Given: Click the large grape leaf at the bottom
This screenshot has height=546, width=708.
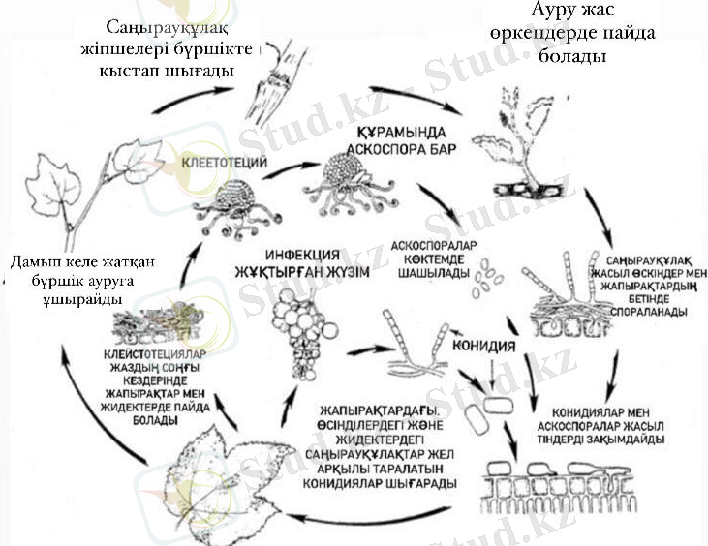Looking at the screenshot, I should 203,479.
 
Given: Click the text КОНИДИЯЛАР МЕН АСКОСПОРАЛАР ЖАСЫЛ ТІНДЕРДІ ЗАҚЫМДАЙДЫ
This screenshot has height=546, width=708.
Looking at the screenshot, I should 605,423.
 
